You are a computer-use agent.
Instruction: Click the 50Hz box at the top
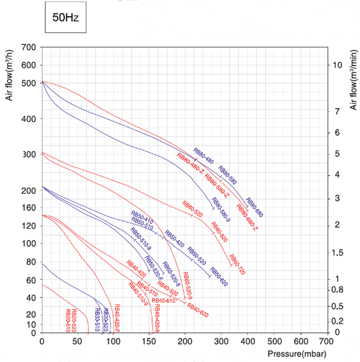(65, 17)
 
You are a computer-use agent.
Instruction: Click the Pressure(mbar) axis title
(296, 354)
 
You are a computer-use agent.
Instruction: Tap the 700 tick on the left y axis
(29, 48)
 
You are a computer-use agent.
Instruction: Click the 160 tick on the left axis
(29, 208)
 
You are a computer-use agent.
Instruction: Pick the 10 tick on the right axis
(337, 65)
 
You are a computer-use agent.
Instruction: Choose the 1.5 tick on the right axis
(337, 252)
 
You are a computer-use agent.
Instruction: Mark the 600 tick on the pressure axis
(300, 341)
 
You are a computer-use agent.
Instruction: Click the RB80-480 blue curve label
(204, 152)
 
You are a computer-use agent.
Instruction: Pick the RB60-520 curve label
(192, 208)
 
